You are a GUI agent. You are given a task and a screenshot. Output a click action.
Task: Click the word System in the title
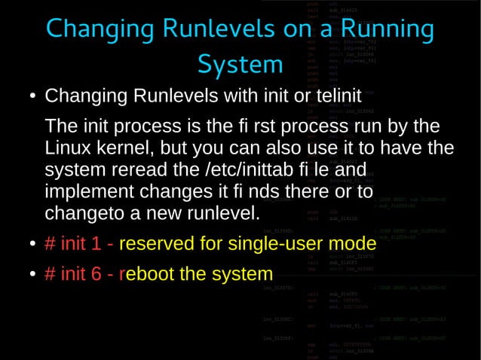[240, 65]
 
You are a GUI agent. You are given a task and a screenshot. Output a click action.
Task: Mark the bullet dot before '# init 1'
[33, 245]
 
